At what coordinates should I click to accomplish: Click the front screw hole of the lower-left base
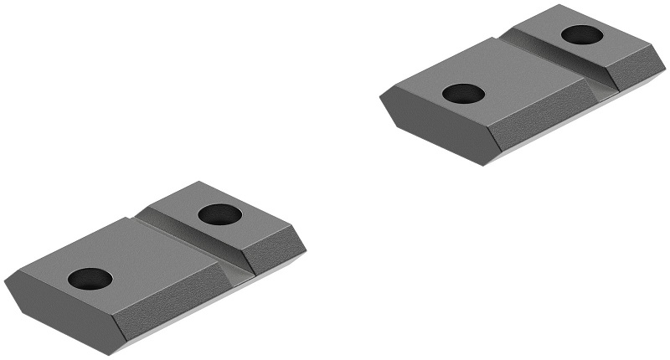90,279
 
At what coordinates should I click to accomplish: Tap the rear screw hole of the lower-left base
220,213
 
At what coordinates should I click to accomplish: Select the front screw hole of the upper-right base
463,94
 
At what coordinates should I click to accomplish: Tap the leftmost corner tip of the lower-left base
5,280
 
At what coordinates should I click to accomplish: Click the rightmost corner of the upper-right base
666,67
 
